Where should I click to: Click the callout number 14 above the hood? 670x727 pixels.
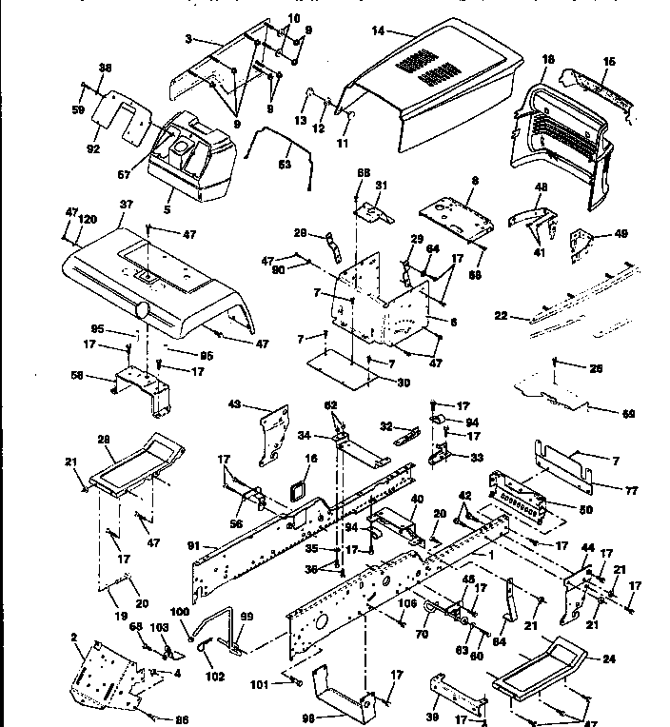coord(378,31)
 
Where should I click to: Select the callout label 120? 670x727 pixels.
coord(88,218)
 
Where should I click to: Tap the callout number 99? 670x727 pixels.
coord(246,618)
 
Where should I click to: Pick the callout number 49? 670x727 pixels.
coord(622,234)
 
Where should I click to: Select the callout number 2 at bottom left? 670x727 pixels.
coord(73,636)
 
